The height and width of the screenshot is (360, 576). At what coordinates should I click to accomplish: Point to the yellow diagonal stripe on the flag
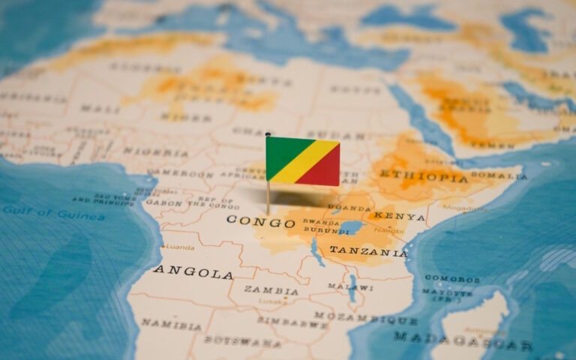pyautogui.click(x=304, y=162)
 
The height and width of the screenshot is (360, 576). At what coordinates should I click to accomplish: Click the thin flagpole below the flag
pyautogui.click(x=268, y=196)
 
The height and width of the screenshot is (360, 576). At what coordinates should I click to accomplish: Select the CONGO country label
pyautogui.click(x=260, y=222)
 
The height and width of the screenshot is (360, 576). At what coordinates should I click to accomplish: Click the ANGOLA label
pyautogui.click(x=193, y=271)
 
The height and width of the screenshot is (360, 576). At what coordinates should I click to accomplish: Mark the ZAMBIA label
pyautogui.click(x=271, y=290)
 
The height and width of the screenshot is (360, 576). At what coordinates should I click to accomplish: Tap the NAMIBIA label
pyautogui.click(x=171, y=325)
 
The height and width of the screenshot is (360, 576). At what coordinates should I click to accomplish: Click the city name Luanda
pyautogui.click(x=180, y=246)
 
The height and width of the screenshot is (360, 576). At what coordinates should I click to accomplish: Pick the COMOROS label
pyautogui.click(x=451, y=278)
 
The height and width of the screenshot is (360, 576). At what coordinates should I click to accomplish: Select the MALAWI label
pyautogui.click(x=349, y=286)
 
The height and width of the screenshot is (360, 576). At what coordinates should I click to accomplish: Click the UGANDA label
pyautogui.click(x=349, y=207)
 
